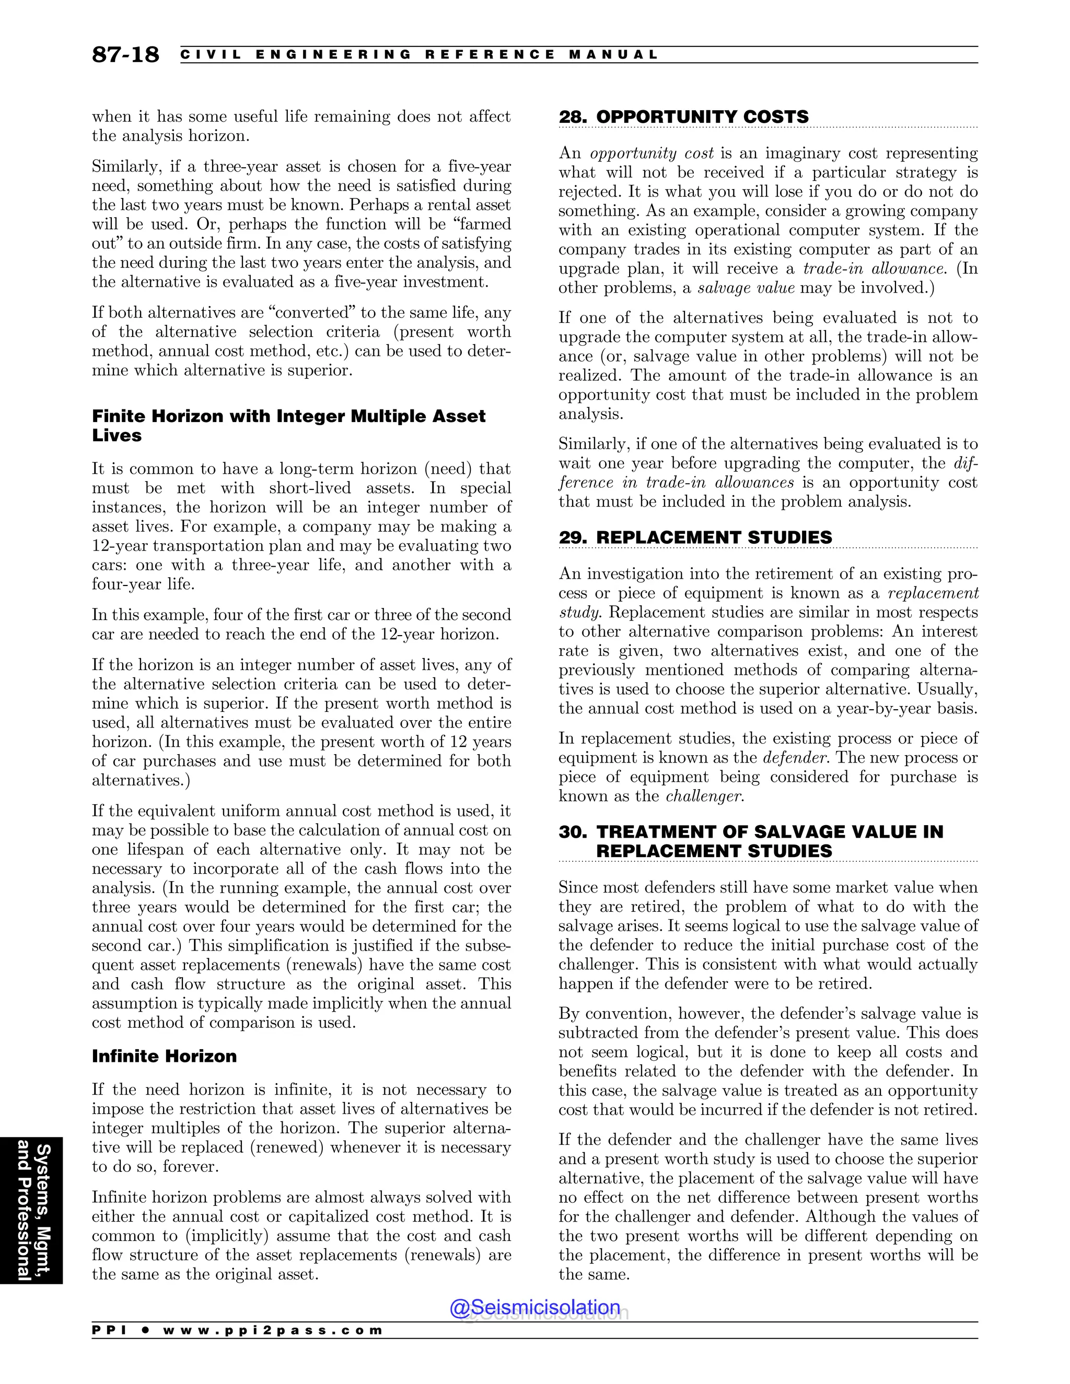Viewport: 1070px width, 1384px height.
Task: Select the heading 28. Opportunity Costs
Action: (x=683, y=116)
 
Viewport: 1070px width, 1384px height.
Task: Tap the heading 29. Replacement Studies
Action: (x=695, y=537)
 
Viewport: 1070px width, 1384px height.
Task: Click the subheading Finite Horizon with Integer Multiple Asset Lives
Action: (x=288, y=425)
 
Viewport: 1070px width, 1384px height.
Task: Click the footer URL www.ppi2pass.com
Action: (x=273, y=1330)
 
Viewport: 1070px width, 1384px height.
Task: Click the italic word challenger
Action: (x=704, y=796)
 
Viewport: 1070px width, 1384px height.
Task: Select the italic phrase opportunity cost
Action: (x=652, y=154)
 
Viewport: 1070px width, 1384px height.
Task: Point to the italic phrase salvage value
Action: (x=746, y=288)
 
